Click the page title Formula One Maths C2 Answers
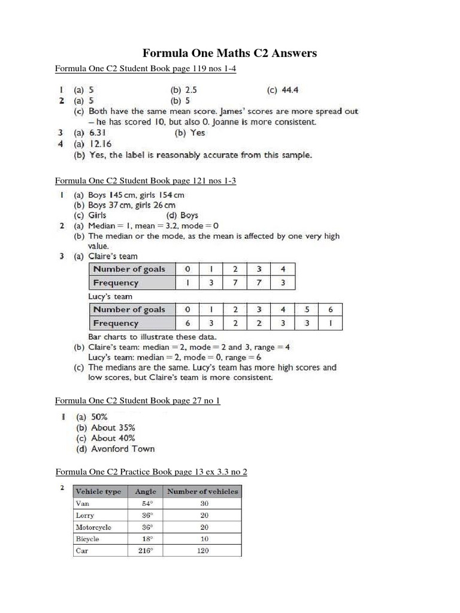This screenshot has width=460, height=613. pyautogui.click(x=229, y=54)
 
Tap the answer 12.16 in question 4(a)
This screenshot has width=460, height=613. pyautogui.click(x=101, y=144)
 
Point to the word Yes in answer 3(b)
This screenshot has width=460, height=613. pyautogui.click(x=198, y=133)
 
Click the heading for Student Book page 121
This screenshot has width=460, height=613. pyautogui.click(x=146, y=180)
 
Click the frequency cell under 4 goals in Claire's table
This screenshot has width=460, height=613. pyautogui.click(x=283, y=283)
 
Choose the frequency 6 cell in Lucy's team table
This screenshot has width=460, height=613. pyautogui.click(x=187, y=323)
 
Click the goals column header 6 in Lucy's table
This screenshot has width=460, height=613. pyautogui.click(x=331, y=309)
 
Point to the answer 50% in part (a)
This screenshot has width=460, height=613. pyautogui.click(x=99, y=417)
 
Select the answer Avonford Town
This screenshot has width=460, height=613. pyautogui.click(x=122, y=448)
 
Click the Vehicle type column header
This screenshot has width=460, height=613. pyautogui.click(x=98, y=491)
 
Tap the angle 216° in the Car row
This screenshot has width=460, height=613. pyautogui.click(x=146, y=551)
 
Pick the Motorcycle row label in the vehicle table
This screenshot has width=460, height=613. pyautogui.click(x=93, y=527)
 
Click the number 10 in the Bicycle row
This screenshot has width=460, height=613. pyautogui.click(x=204, y=539)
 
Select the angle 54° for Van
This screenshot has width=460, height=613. pyautogui.click(x=146, y=503)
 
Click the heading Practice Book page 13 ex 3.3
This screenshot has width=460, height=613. pyautogui.click(x=151, y=472)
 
